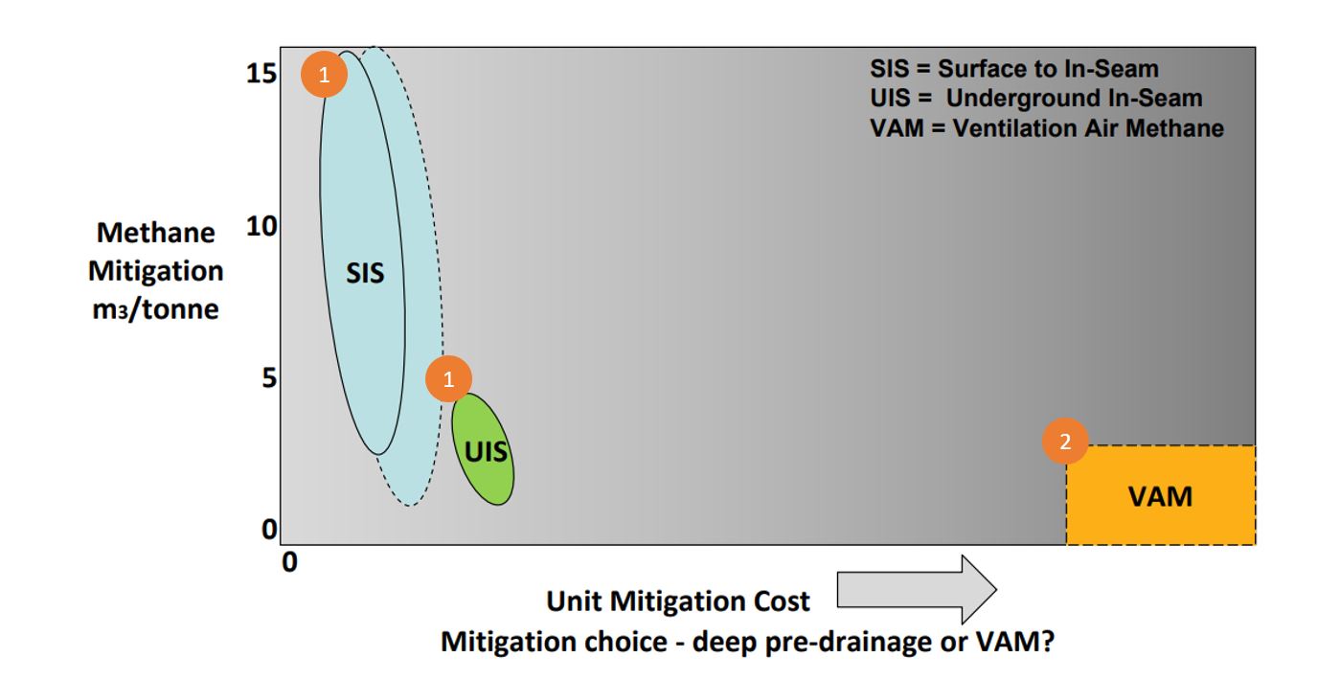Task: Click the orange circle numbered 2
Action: pos(1065,441)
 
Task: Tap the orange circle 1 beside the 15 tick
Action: pos(324,74)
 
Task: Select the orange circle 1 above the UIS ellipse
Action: pos(448,378)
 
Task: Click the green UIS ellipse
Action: pos(483,449)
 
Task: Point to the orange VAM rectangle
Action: pos(1161,495)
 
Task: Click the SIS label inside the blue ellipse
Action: pos(365,273)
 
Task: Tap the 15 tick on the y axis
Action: pos(261,74)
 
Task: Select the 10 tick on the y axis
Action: pos(261,226)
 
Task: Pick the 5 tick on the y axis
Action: pos(269,378)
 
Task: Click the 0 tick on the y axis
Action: pos(269,530)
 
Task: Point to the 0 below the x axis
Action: pos(290,562)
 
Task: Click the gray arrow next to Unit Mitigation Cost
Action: pos(917,589)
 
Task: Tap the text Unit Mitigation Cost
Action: pos(678,601)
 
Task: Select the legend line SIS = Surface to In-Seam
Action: pos(1014,69)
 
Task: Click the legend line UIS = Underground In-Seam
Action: pos(1036,98)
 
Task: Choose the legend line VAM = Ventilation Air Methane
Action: pos(1047,128)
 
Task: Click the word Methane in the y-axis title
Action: pos(156,233)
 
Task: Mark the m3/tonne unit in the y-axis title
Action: pos(155,309)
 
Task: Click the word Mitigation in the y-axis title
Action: pos(156,272)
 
